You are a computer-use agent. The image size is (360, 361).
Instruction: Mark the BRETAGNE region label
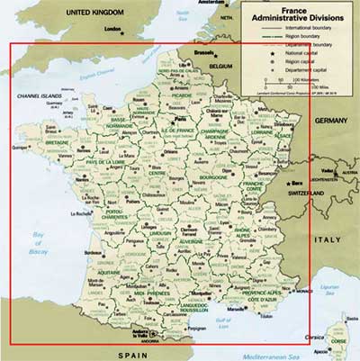tap(58, 141)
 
